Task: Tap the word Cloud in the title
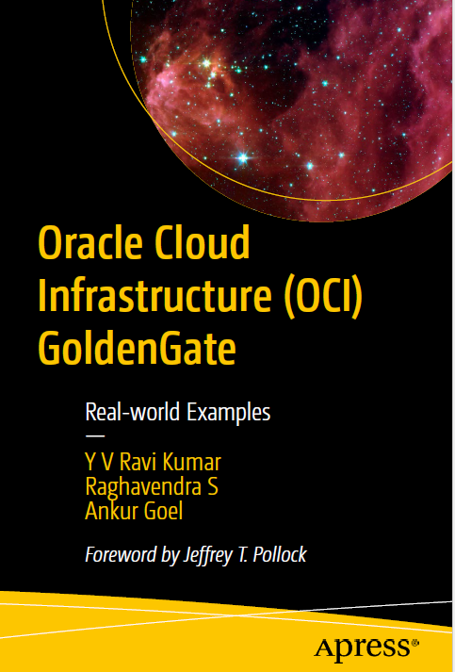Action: point(203,241)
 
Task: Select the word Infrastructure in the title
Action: point(155,296)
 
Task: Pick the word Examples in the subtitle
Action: point(228,413)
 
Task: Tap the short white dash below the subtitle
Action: point(95,436)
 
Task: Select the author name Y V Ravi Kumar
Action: point(154,463)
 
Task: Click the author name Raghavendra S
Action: point(152,487)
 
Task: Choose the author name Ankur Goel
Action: point(134,511)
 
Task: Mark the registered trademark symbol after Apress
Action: point(415,643)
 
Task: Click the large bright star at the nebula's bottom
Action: point(243,158)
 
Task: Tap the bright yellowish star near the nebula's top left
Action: point(206,63)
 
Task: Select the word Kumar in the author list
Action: point(196,463)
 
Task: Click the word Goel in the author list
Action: point(164,511)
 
